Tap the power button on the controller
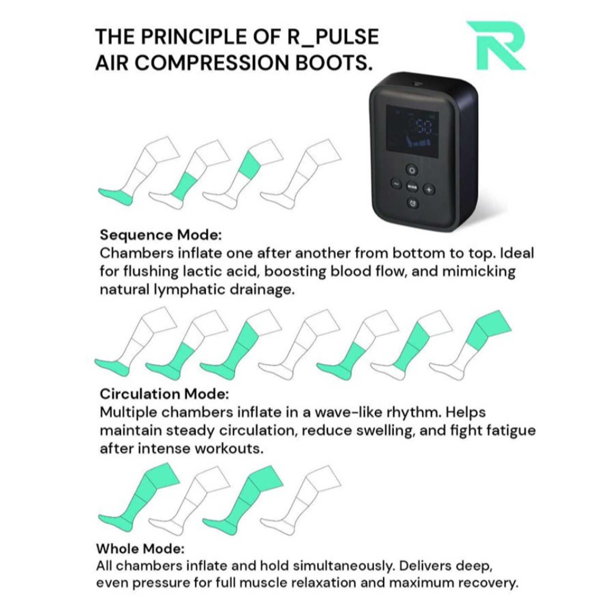(412, 170)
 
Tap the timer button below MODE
(412, 203)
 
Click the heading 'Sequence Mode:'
(160, 235)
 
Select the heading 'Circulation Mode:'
(164, 394)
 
